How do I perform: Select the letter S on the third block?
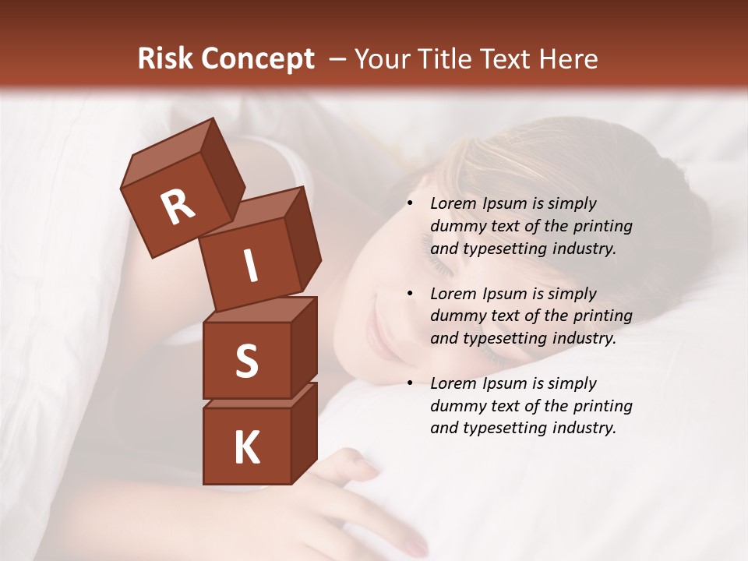pyautogui.click(x=246, y=361)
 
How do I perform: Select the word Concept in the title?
pyautogui.click(x=259, y=59)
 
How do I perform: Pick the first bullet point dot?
pyautogui.click(x=410, y=204)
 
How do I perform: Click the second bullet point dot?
pyautogui.click(x=410, y=294)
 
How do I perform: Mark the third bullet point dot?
pyautogui.click(x=410, y=383)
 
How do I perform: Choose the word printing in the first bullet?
pyautogui.click(x=602, y=226)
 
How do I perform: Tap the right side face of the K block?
pyautogui.click(x=304, y=432)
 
